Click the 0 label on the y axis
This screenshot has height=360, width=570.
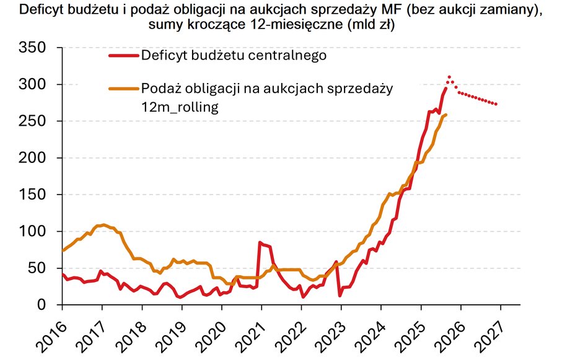tap(41, 305)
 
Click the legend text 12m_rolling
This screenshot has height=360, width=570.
tap(180, 107)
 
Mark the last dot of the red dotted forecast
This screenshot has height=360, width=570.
tap(496, 103)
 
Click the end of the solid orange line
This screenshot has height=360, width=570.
tap(445, 115)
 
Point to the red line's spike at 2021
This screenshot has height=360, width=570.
tap(260, 242)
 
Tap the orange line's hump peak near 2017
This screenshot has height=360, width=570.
tap(103, 224)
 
